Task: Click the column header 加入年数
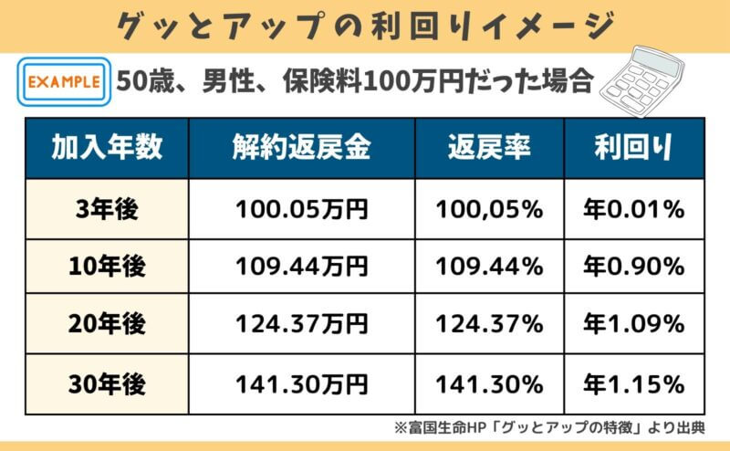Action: tap(108, 148)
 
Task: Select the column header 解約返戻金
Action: tap(302, 148)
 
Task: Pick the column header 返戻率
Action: tap(490, 148)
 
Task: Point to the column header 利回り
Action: tap(633, 148)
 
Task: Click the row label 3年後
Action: tap(108, 210)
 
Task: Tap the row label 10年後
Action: tap(108, 267)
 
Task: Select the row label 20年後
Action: tap(108, 323)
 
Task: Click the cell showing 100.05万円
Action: tap(302, 210)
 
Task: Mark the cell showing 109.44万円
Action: tap(302, 267)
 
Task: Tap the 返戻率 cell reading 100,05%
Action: tap(490, 210)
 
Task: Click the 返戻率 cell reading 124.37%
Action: tap(490, 323)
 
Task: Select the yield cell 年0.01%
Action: tap(633, 210)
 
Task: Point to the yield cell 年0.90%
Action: tap(633, 267)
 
